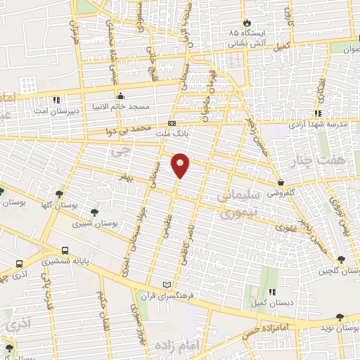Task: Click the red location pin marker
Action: [181, 165]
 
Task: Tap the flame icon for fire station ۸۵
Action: [246, 22]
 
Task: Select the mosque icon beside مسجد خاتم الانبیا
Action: [120, 96]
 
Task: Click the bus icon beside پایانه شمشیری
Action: [65, 250]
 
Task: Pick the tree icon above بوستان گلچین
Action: [342, 259]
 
